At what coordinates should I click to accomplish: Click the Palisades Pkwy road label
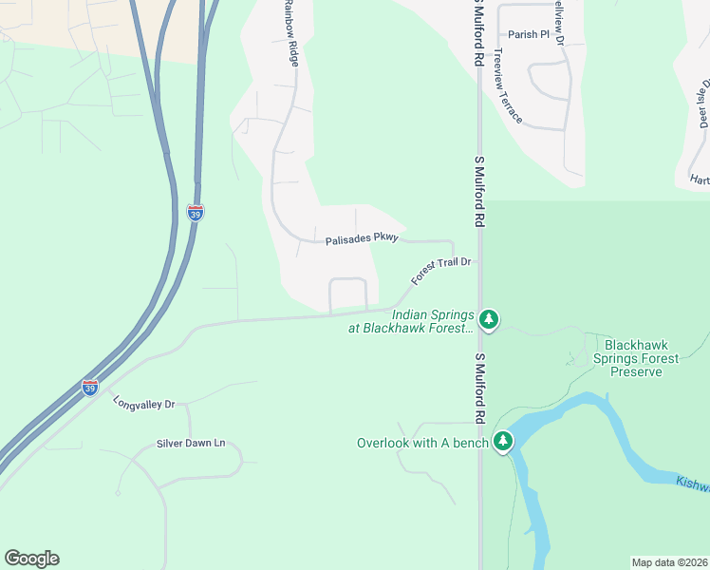click(362, 240)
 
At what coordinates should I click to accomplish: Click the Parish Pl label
click(529, 34)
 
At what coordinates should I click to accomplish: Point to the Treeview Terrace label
click(508, 96)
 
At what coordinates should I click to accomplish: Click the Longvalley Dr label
click(144, 403)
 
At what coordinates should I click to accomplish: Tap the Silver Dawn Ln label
click(192, 443)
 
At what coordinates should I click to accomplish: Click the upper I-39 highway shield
click(195, 213)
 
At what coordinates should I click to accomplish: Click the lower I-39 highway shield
click(89, 388)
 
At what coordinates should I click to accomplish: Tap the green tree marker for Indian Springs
click(489, 319)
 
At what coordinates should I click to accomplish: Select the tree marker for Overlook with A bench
click(503, 441)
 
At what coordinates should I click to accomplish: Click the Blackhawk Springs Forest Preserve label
click(636, 358)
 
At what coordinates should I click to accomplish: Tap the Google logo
click(31, 559)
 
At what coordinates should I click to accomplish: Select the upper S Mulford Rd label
click(480, 31)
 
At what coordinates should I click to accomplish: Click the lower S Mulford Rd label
click(480, 389)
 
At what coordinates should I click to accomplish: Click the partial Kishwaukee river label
click(693, 485)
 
